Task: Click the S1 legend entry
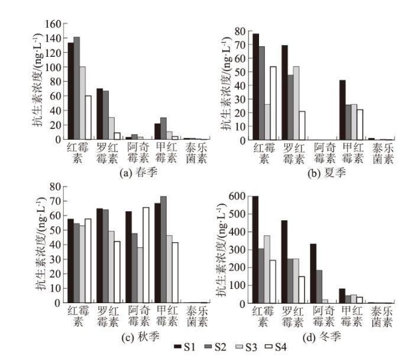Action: coord(183,346)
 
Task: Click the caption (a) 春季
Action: coord(122,174)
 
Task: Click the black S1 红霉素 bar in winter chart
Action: coord(255,249)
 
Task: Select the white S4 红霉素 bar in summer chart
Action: coord(274,103)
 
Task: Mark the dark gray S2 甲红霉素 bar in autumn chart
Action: coord(163,249)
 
